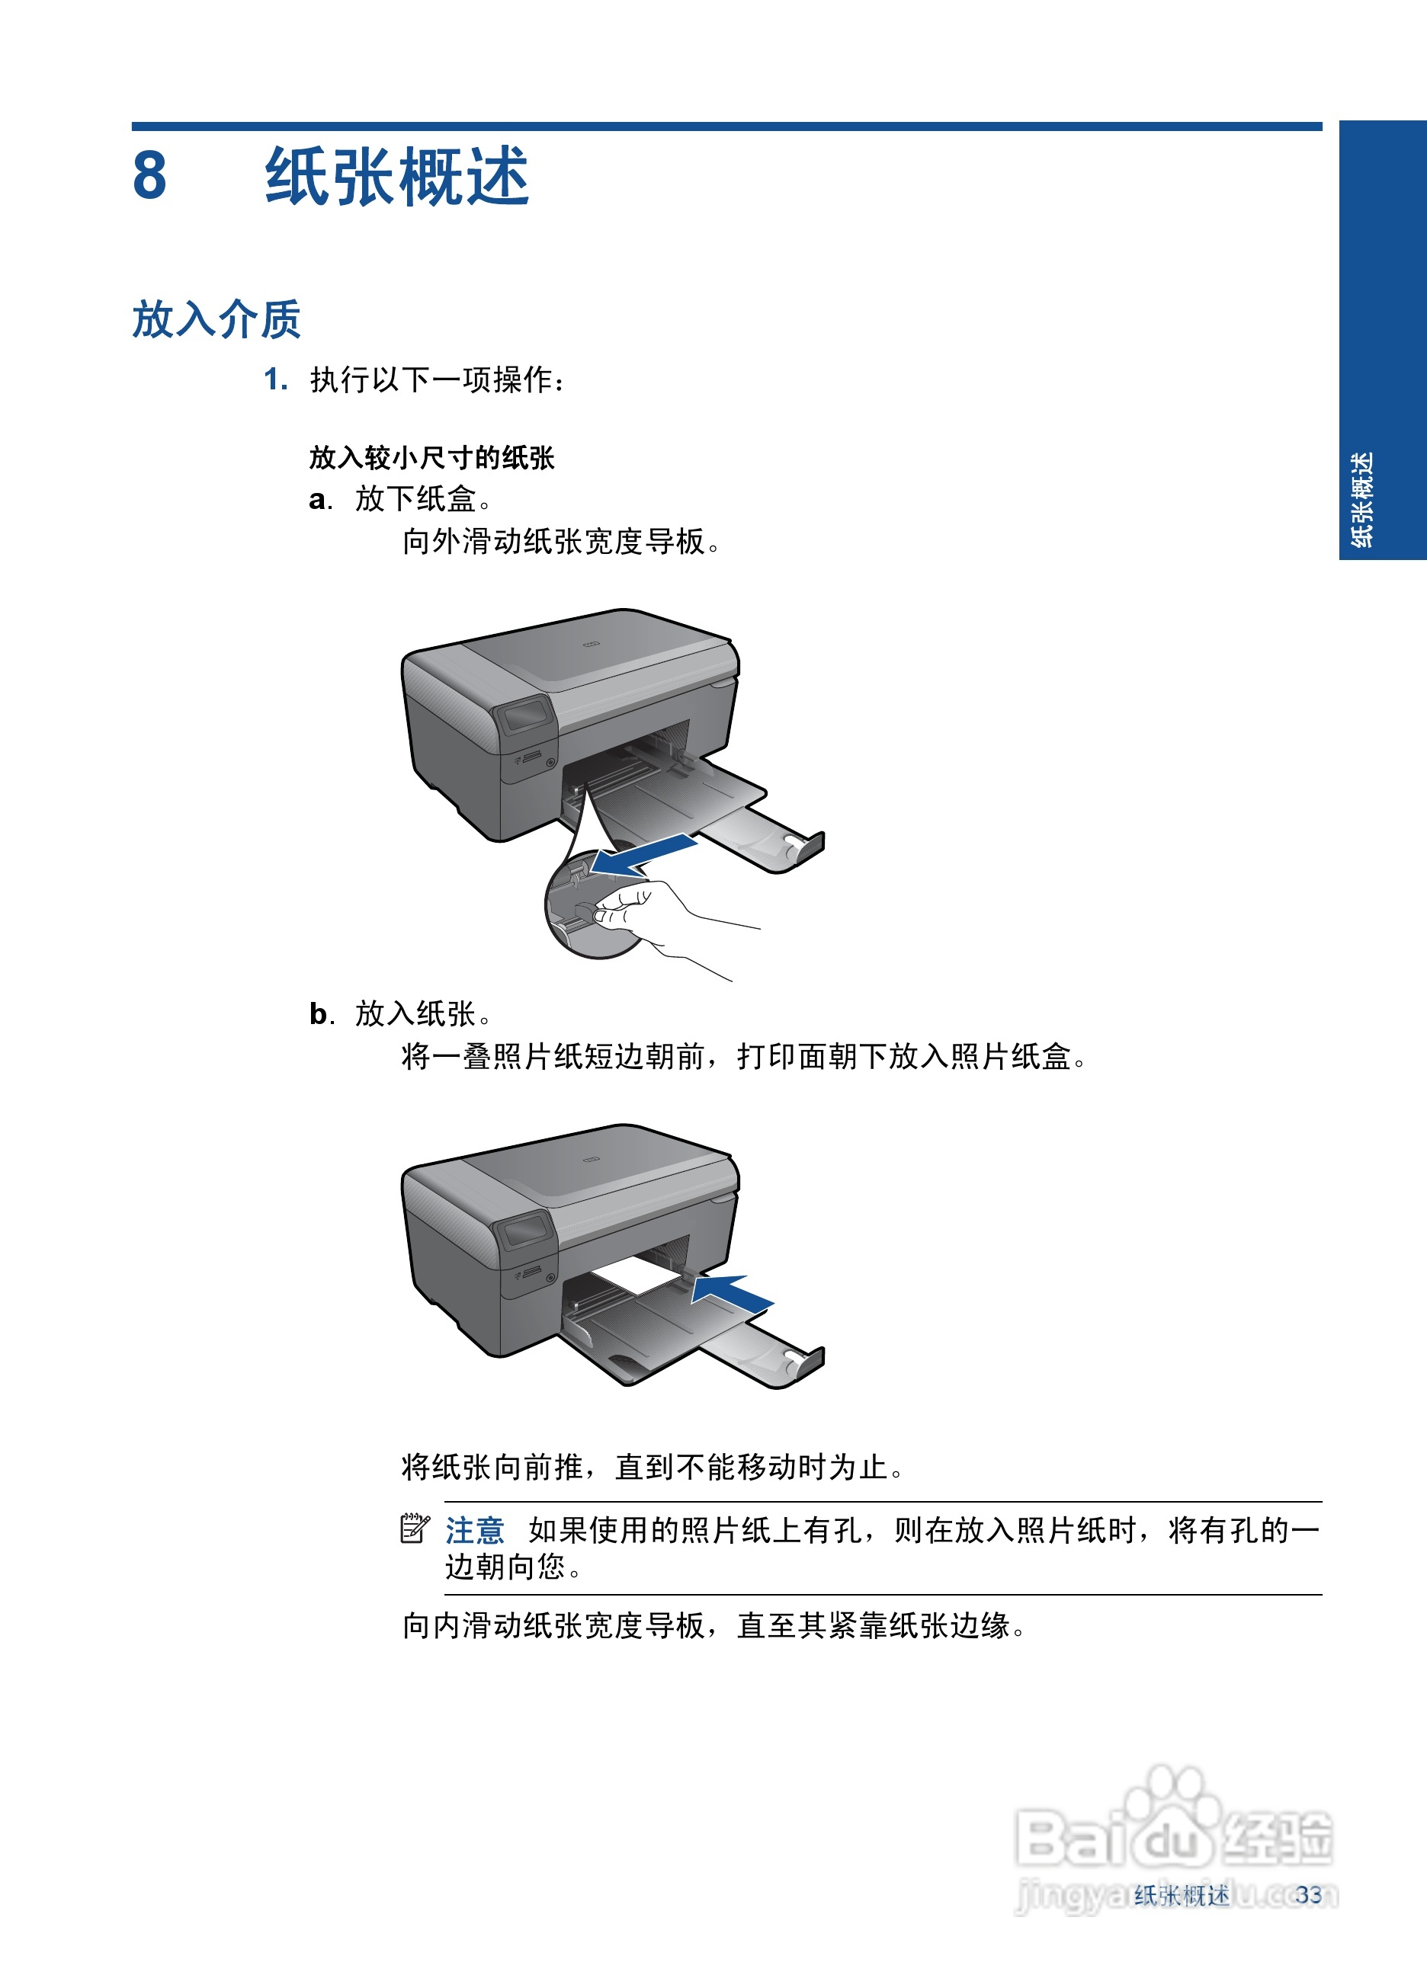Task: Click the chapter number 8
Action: coord(150,175)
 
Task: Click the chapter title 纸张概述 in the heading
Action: coord(396,177)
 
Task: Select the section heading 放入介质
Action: coord(216,318)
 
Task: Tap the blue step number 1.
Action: coord(274,379)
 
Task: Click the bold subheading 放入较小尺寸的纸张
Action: coord(431,457)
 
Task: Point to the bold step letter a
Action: coord(319,500)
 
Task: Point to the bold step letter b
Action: coord(319,1013)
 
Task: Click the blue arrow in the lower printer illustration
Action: coord(732,1292)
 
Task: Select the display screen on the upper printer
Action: coord(526,715)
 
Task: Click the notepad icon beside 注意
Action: coord(415,1528)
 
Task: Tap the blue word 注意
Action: coord(475,1530)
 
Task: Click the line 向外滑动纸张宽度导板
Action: coord(561,542)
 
